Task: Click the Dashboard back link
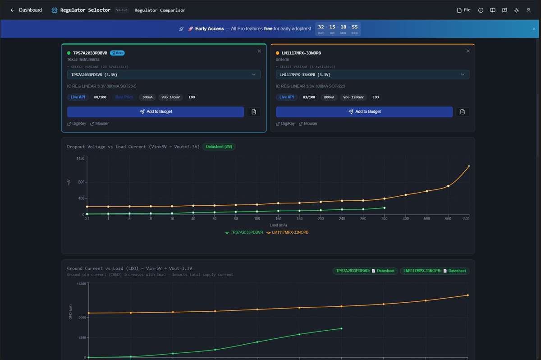(26, 10)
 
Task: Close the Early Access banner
(534, 29)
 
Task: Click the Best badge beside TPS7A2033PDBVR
(117, 53)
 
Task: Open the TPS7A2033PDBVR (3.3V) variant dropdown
(164, 74)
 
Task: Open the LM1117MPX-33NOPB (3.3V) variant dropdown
(372, 74)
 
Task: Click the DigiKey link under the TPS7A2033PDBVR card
(77, 124)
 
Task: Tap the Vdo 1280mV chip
(353, 97)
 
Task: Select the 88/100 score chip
(100, 97)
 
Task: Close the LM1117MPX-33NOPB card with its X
(468, 51)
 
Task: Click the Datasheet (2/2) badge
(219, 147)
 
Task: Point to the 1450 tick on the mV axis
(81, 158)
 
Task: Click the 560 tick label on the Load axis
(448, 219)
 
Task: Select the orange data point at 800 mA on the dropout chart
(469, 166)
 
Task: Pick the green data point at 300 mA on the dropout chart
(384, 208)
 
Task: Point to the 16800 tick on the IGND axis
(81, 284)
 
